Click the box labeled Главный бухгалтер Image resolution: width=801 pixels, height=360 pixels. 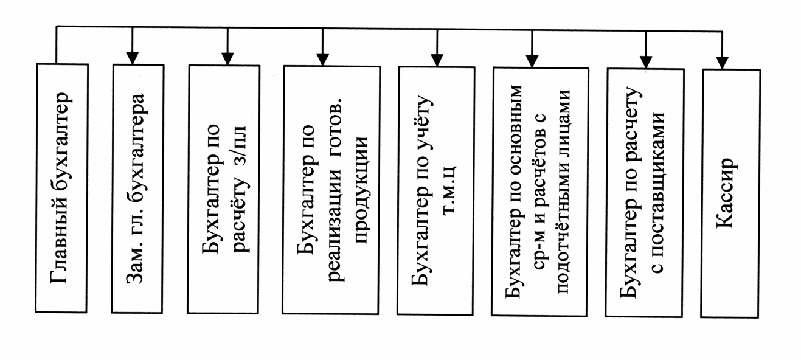point(61,189)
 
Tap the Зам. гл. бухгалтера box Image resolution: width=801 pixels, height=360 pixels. point(138,189)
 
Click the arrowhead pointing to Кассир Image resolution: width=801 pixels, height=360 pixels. point(722,63)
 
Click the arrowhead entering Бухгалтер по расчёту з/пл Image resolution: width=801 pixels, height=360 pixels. point(227,58)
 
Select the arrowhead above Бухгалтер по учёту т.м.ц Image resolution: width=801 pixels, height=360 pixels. point(437,60)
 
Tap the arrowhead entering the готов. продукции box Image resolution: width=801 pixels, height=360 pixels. point(322,59)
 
